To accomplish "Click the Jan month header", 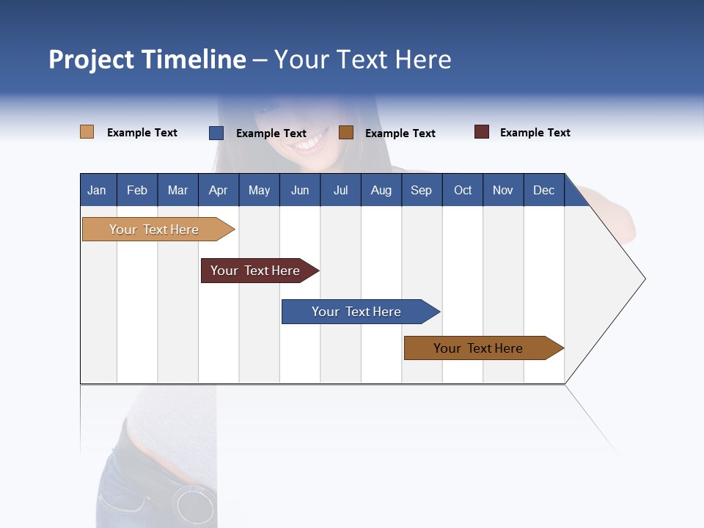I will pyautogui.click(x=97, y=190).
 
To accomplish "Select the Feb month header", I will pyautogui.click(x=137, y=190).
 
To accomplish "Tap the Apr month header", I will pyautogui.click(x=219, y=190).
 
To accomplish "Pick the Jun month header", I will pyautogui.click(x=300, y=190).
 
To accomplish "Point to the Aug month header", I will pyautogui.click(x=381, y=190).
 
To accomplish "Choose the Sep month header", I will pyautogui.click(x=422, y=190).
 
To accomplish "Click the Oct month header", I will pyautogui.click(x=463, y=190).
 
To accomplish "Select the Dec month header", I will pyautogui.click(x=544, y=190).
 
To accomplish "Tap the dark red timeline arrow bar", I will pyautogui.click(x=256, y=271).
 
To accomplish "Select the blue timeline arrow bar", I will pyautogui.click(x=357, y=312).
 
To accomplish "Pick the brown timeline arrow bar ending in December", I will pyautogui.click(x=479, y=348).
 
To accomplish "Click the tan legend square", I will pyautogui.click(x=87, y=132).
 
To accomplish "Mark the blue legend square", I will pyautogui.click(x=216, y=133).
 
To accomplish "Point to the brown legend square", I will pyautogui.click(x=346, y=132).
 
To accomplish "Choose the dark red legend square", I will pyautogui.click(x=482, y=132).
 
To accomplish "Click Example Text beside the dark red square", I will pyautogui.click(x=535, y=133).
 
